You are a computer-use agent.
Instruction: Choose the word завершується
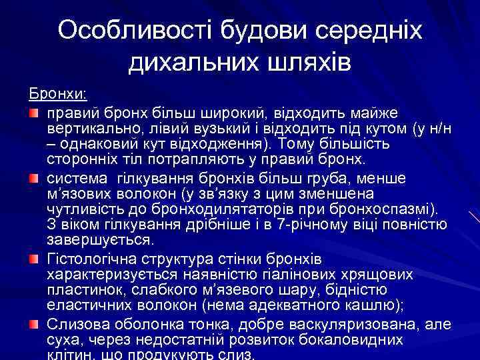[x=99, y=240]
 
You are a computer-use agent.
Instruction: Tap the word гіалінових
[x=299, y=273]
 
